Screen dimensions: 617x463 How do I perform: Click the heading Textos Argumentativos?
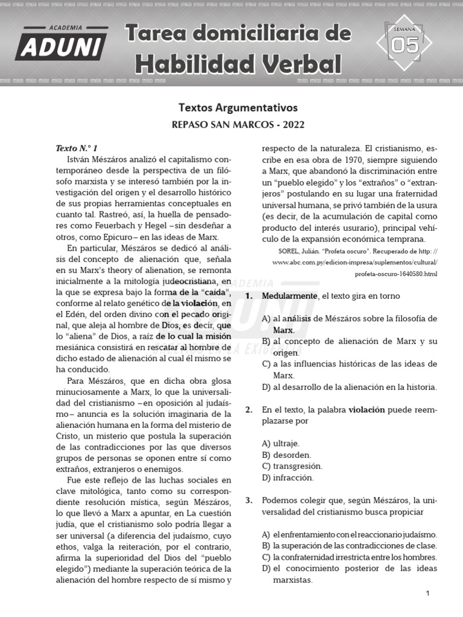tap(238, 108)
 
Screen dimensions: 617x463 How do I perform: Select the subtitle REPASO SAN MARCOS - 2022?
tap(238, 125)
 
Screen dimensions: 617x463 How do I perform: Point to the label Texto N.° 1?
tap(77, 148)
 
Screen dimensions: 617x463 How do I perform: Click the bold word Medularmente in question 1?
tap(289, 296)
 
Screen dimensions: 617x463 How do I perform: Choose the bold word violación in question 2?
tap(367, 410)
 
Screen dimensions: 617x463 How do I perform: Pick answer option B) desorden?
tap(287, 455)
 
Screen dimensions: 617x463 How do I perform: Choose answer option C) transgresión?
tap(292, 466)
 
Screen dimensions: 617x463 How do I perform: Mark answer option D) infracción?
tap(288, 478)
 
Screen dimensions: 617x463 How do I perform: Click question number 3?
tap(248, 501)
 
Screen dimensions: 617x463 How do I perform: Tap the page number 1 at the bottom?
tap(427, 594)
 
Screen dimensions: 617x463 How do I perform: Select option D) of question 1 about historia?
tap(350, 387)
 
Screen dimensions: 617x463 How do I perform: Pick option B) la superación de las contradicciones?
tap(350, 546)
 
